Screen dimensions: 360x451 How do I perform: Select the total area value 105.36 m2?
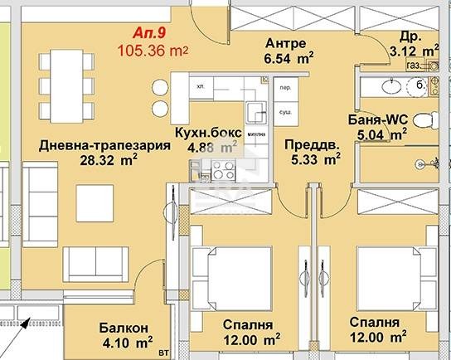click(x=154, y=51)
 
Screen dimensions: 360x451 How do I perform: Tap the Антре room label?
click(x=287, y=43)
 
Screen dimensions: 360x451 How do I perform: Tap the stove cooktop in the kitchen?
click(x=223, y=171)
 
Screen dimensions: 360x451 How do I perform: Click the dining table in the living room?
click(x=65, y=76)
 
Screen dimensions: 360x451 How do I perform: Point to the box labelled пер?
click(x=284, y=86)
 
